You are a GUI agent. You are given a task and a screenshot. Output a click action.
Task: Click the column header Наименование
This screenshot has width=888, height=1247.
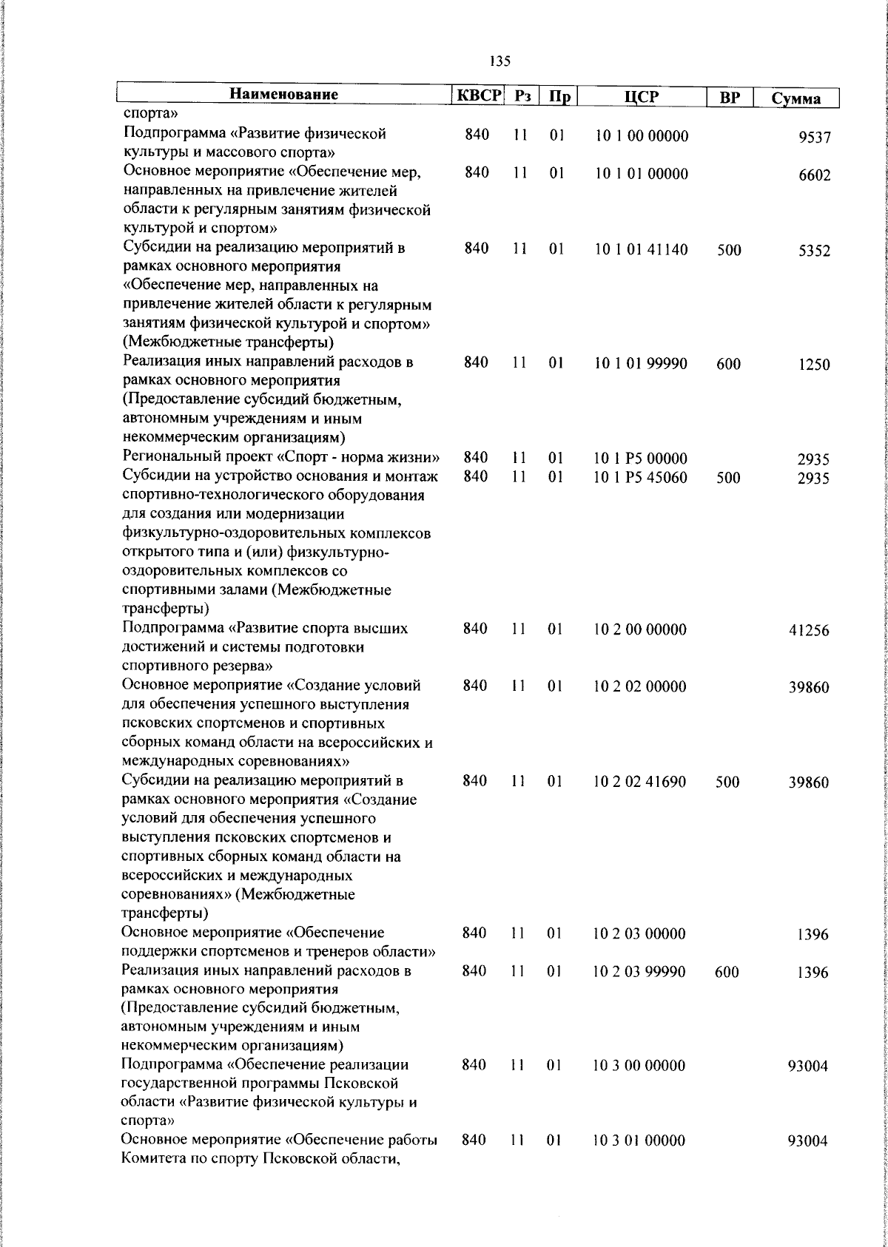click(284, 95)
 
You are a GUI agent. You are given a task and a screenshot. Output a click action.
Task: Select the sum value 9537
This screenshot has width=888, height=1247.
click(815, 138)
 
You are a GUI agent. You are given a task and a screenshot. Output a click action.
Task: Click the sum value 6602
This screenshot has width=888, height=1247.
click(815, 175)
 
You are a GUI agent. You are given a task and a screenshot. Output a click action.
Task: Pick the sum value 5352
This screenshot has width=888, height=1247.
click(815, 251)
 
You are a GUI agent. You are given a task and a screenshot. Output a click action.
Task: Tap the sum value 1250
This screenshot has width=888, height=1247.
click(815, 365)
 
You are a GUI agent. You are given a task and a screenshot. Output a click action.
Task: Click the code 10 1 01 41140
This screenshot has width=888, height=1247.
click(641, 250)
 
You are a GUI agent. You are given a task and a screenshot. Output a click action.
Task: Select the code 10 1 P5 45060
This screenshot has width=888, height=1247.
click(641, 478)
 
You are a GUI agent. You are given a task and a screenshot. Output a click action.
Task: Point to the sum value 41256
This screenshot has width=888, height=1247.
click(810, 631)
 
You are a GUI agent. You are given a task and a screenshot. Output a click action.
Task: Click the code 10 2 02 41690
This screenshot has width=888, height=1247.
click(640, 782)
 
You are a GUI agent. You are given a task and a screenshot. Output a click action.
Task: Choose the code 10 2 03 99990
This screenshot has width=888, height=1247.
click(639, 972)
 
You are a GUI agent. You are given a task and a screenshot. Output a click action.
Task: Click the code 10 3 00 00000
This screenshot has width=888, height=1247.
click(639, 1066)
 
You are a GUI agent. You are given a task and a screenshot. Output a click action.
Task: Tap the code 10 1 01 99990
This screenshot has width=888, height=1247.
click(641, 364)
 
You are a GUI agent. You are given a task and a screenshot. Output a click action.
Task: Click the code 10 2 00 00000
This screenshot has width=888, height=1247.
click(640, 630)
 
